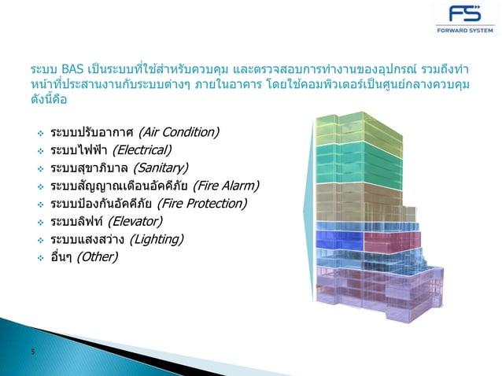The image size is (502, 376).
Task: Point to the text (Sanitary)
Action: coord(161,168)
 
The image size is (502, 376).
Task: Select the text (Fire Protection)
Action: coord(202,204)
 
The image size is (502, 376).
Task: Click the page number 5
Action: coord(32,352)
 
